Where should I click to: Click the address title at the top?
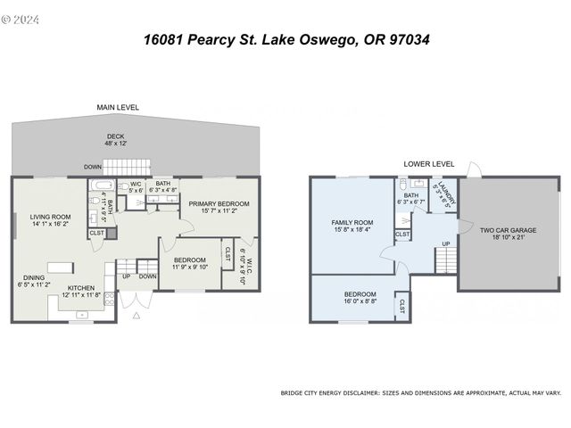tap(285, 40)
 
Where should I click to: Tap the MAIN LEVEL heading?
tap(118, 107)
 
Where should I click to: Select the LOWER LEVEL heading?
tap(428, 164)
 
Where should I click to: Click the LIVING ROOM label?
tap(50, 216)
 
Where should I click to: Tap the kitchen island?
tap(60, 266)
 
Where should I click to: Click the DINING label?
tap(34, 276)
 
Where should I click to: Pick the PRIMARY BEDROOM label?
tap(218, 204)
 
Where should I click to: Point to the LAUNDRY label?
tap(443, 194)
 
